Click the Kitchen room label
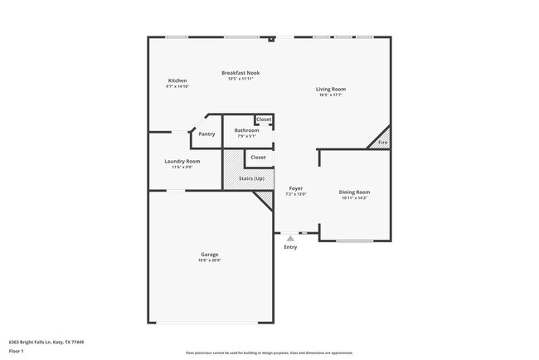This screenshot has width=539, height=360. (177, 80)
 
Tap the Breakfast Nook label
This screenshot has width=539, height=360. (240, 73)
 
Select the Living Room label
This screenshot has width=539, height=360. (331, 89)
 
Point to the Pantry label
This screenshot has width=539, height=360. (206, 134)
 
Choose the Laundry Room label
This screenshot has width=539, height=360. (182, 161)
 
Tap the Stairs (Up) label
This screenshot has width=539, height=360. (251, 178)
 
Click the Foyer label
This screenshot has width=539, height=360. (295, 188)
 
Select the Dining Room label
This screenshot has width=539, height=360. (355, 192)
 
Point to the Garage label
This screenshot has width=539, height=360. (209, 254)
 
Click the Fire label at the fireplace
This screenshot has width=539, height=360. (382, 143)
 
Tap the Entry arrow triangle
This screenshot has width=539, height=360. (290, 239)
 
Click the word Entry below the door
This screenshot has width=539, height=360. (290, 247)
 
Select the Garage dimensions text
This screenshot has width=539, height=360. (209, 260)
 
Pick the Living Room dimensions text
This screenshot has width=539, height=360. (331, 95)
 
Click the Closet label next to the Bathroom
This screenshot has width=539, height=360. (264, 119)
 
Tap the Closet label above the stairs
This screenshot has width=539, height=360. (258, 157)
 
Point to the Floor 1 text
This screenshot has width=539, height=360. (17, 350)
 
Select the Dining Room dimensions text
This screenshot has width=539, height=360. (355, 198)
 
